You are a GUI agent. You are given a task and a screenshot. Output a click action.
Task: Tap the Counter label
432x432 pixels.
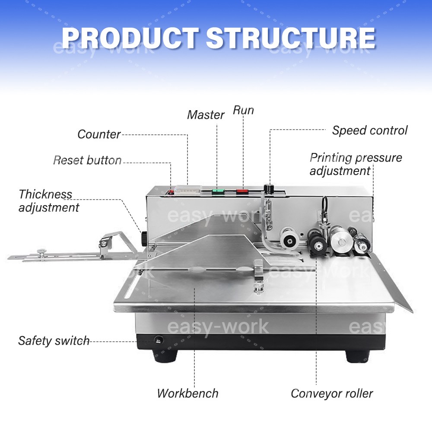click(99, 134)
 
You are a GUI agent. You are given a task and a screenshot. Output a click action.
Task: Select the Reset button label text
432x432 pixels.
click(87, 160)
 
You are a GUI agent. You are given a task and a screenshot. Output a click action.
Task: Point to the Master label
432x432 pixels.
click(206, 115)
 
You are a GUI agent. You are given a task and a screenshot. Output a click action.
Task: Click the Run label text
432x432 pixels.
click(243, 110)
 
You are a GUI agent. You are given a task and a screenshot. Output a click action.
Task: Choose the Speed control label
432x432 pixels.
click(369, 130)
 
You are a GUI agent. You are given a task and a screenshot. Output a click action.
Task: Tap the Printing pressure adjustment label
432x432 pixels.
click(355, 164)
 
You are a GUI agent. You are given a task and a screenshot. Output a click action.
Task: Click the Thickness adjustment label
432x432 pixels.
click(49, 201)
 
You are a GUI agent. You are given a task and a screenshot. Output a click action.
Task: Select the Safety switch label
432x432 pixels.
click(54, 340)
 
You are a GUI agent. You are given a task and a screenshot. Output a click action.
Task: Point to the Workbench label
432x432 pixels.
click(187, 394)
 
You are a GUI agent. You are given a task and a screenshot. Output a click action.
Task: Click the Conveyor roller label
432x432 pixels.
click(331, 394)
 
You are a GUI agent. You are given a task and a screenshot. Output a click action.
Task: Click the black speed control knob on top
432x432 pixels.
click(270, 189)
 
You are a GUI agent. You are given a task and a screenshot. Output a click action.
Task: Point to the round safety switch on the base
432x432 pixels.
click(158, 340)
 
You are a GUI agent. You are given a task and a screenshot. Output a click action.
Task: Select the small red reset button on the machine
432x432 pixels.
click(170, 191)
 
